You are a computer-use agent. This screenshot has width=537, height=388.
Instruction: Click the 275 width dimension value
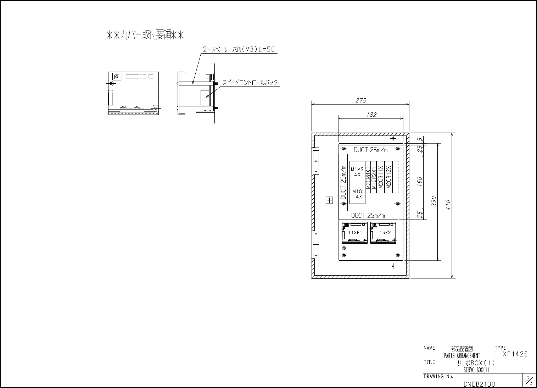tap(360, 100)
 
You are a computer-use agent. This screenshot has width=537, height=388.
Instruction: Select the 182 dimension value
tap(371, 115)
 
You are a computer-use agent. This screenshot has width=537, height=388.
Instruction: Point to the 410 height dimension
tap(448, 205)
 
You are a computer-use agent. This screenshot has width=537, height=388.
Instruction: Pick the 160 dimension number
tap(419, 182)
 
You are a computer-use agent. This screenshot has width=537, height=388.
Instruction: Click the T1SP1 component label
tap(354, 233)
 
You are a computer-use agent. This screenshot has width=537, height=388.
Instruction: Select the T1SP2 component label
tap(383, 233)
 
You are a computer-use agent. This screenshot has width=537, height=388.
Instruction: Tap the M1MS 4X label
tap(357, 172)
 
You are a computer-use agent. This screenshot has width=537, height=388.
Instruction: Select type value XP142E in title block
tap(515, 354)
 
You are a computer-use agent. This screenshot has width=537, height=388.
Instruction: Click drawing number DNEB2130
tap(479, 384)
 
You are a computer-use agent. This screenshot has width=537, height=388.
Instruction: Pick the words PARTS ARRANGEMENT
tap(462, 356)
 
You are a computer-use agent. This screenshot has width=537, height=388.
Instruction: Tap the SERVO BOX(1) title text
tap(476, 370)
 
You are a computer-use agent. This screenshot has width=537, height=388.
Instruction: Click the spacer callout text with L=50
tap(239, 50)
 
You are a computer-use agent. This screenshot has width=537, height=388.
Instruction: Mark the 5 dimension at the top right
tap(419, 140)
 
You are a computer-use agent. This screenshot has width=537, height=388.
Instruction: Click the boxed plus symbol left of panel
tap(329, 201)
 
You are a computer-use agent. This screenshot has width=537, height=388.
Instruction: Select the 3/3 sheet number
tap(529, 381)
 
